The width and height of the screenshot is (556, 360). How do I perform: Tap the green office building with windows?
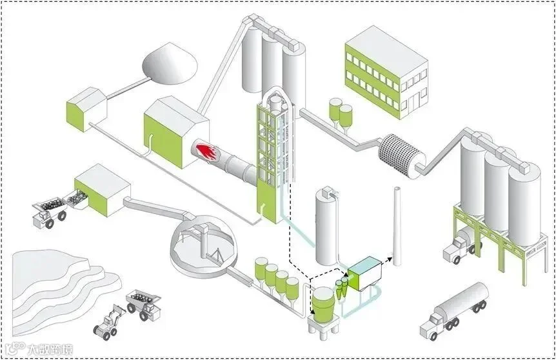pos(386,72)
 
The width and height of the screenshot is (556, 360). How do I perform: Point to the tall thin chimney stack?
pos(397,226)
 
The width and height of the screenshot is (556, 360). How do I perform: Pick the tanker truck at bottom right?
pos(454,309)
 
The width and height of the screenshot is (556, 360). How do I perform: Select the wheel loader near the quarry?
pos(108,322)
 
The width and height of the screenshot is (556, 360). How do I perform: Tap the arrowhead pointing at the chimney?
pos(389,257)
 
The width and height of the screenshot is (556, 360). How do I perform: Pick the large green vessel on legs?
pos(322,304)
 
